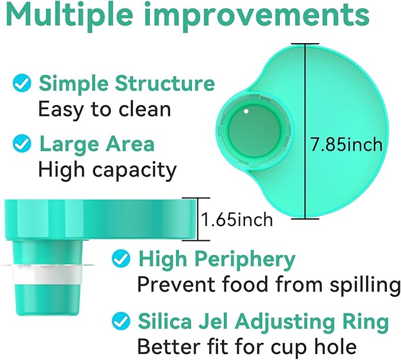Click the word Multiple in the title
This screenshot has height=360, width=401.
[70, 16]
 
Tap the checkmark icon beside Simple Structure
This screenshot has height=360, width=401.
[22, 83]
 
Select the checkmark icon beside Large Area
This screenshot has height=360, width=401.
[22, 143]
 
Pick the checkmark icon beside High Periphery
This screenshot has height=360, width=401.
[121, 258]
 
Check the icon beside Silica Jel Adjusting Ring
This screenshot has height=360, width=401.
[121, 321]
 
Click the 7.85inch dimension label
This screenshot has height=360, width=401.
[346, 145]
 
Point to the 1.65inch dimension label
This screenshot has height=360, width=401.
[237, 220]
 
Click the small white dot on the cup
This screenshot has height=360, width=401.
[246, 111]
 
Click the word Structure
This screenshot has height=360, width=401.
[165, 83]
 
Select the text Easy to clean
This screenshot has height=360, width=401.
[105, 109]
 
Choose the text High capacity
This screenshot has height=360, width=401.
[107, 170]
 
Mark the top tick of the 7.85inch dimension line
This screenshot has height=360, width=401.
[305, 44]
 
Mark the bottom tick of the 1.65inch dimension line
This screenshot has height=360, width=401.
[197, 240]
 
